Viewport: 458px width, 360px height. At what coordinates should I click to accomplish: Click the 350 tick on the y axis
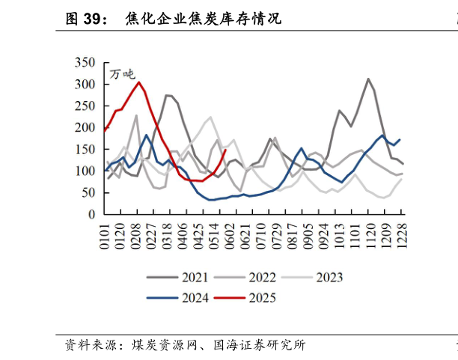pos(85,63)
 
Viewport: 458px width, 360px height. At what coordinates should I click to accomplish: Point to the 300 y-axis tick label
pos(85,85)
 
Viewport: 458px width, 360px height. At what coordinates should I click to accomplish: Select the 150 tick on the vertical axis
pos(85,150)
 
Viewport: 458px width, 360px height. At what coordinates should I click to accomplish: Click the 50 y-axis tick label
pos(88,193)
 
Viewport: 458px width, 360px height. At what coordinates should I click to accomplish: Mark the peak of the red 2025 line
pos(139,82)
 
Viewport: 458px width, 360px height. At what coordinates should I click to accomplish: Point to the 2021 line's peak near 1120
pos(368,79)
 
